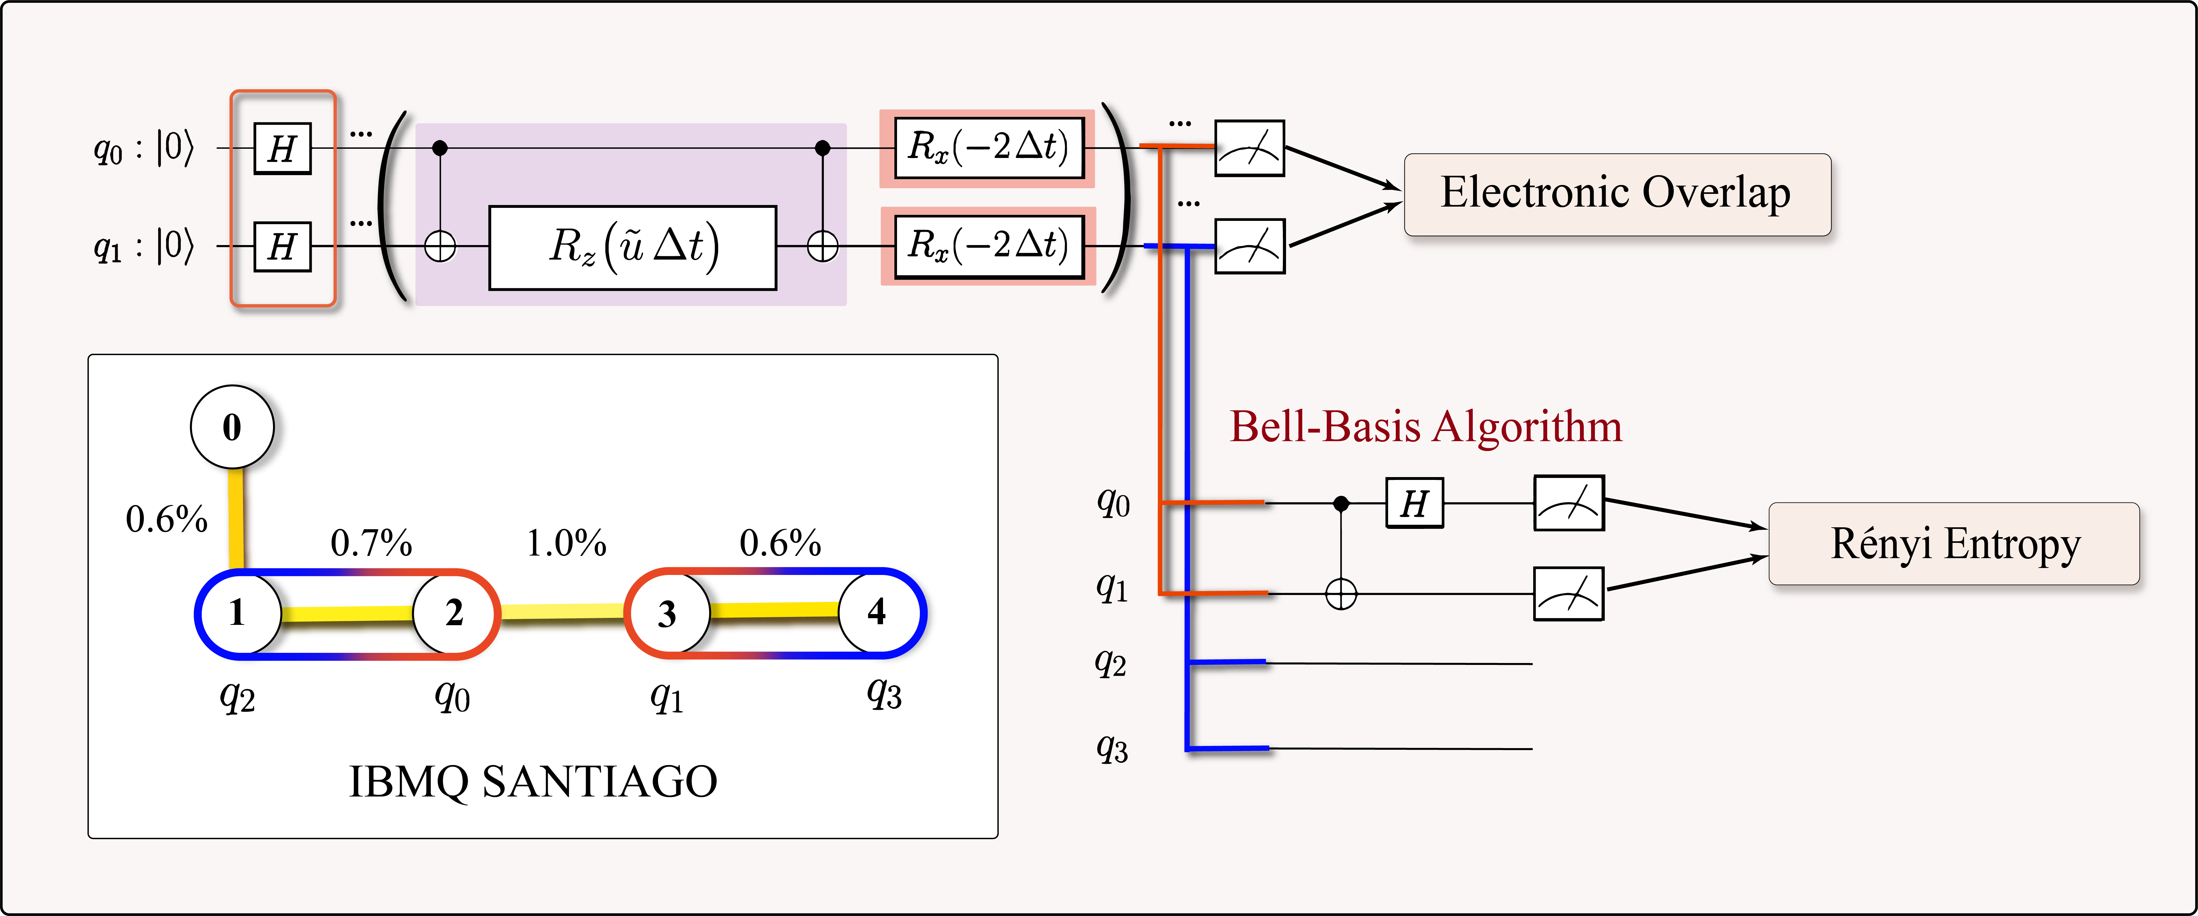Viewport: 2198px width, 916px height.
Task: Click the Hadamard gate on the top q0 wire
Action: coord(282,148)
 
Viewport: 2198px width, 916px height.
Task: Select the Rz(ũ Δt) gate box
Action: coord(632,247)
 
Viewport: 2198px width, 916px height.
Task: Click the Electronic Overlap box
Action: coord(1617,195)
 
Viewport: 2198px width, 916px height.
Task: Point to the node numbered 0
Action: coord(232,427)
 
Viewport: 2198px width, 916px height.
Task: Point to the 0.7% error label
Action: coord(371,543)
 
